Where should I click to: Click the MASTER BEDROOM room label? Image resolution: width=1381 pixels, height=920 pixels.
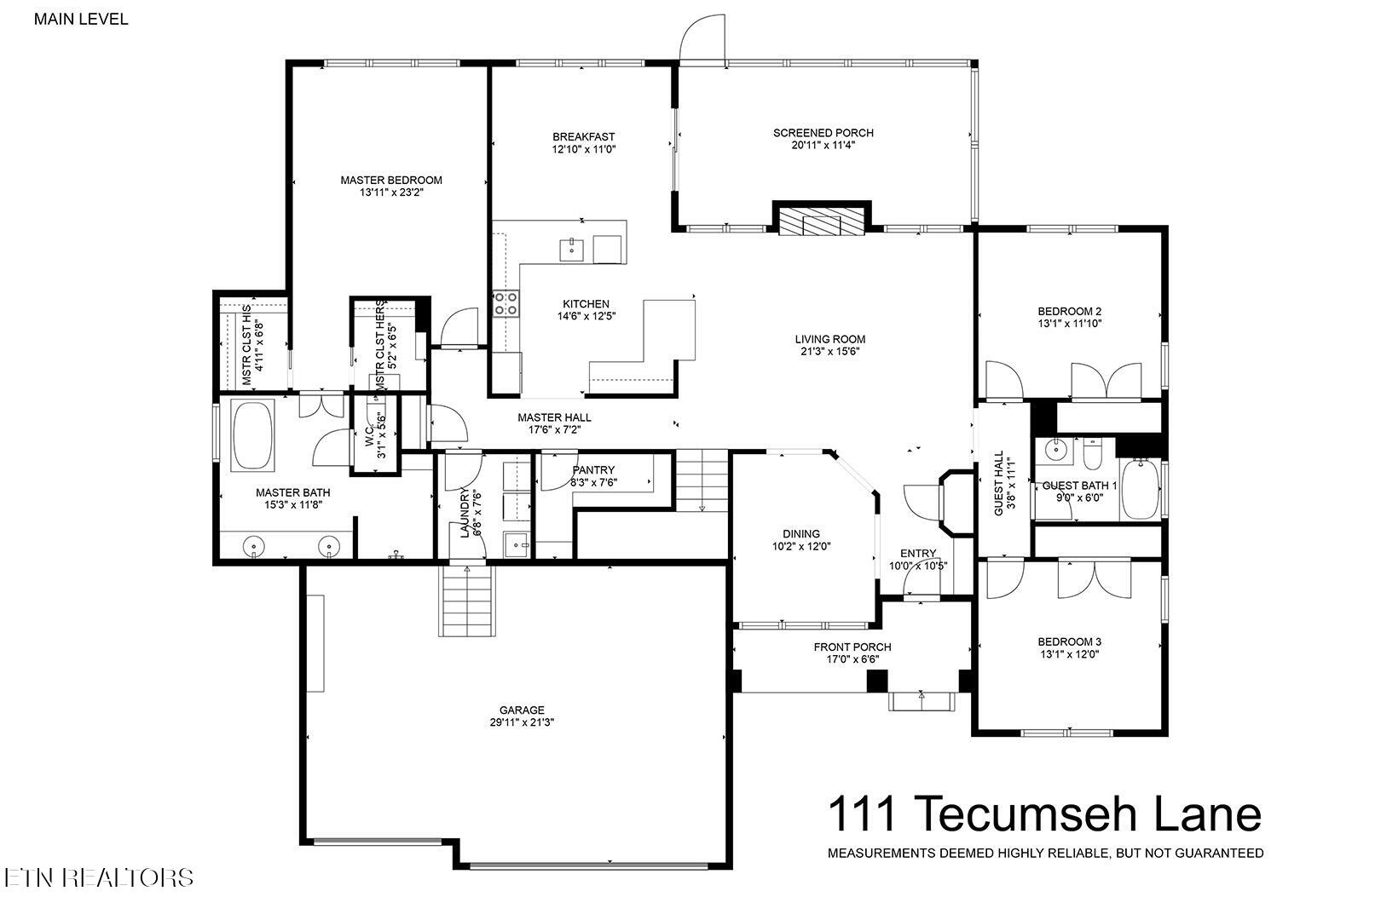pyautogui.click(x=391, y=180)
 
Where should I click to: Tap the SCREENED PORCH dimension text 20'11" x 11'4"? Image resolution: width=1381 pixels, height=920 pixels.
pyautogui.click(x=823, y=146)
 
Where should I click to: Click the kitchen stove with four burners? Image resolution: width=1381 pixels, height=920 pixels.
pyautogui.click(x=506, y=303)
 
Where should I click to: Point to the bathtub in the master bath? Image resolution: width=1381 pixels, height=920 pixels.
pyautogui.click(x=253, y=435)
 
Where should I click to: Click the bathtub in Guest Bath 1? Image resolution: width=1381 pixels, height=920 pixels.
pyautogui.click(x=1139, y=490)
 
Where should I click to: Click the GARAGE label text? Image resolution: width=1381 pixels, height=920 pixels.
pyautogui.click(x=522, y=710)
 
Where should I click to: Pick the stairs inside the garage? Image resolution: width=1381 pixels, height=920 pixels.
pyautogui.click(x=467, y=601)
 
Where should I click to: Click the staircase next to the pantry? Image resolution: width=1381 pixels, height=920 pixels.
pyautogui.click(x=702, y=480)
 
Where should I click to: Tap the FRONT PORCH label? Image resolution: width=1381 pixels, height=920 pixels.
pyautogui.click(x=852, y=647)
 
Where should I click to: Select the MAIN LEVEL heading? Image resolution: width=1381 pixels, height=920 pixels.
pyautogui.click(x=81, y=19)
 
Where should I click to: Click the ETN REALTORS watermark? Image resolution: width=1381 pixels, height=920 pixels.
pyautogui.click(x=98, y=877)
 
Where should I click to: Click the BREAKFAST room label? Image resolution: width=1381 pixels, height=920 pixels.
pyautogui.click(x=583, y=137)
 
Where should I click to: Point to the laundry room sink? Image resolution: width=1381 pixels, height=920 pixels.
pyautogui.click(x=517, y=544)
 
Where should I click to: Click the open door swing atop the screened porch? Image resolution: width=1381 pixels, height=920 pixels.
pyautogui.click(x=701, y=38)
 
